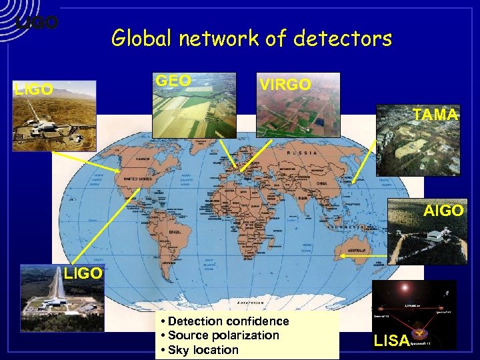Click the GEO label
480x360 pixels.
point(173,81)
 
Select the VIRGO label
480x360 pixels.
point(285,85)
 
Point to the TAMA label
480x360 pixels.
point(435,115)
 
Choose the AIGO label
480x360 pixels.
point(443,211)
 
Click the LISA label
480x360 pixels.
point(391,341)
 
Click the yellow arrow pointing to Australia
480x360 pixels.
point(364,255)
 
